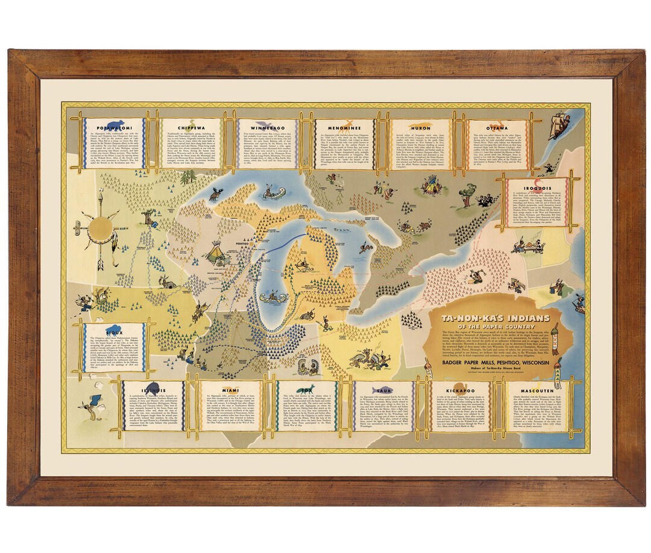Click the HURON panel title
tap(421, 128)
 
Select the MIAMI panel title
tap(229, 390)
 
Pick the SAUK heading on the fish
tap(382, 390)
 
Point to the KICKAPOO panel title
tap(461, 390)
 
